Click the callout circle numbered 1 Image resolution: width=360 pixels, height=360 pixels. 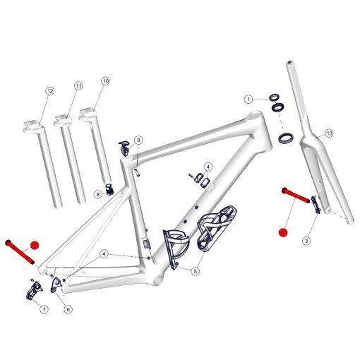point(249,99)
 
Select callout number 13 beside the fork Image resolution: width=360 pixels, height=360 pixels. point(329,133)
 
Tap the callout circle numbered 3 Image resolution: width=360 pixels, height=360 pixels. point(306,241)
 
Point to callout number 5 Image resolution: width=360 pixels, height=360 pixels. point(195,270)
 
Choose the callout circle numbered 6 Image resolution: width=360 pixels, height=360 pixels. point(68,308)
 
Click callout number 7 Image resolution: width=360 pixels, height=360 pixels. point(44,309)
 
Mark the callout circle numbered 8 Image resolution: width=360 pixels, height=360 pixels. point(98,194)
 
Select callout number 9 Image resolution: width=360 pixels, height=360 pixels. point(138,140)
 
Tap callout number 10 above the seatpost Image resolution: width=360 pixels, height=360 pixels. point(106,82)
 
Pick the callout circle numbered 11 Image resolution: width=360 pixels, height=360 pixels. point(78,86)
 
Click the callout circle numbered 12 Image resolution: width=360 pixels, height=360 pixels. point(49,92)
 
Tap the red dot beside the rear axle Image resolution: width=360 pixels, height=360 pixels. point(35,245)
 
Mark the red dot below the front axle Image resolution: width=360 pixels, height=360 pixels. point(283,232)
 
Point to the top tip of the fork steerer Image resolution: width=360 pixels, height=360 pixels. point(290,64)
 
